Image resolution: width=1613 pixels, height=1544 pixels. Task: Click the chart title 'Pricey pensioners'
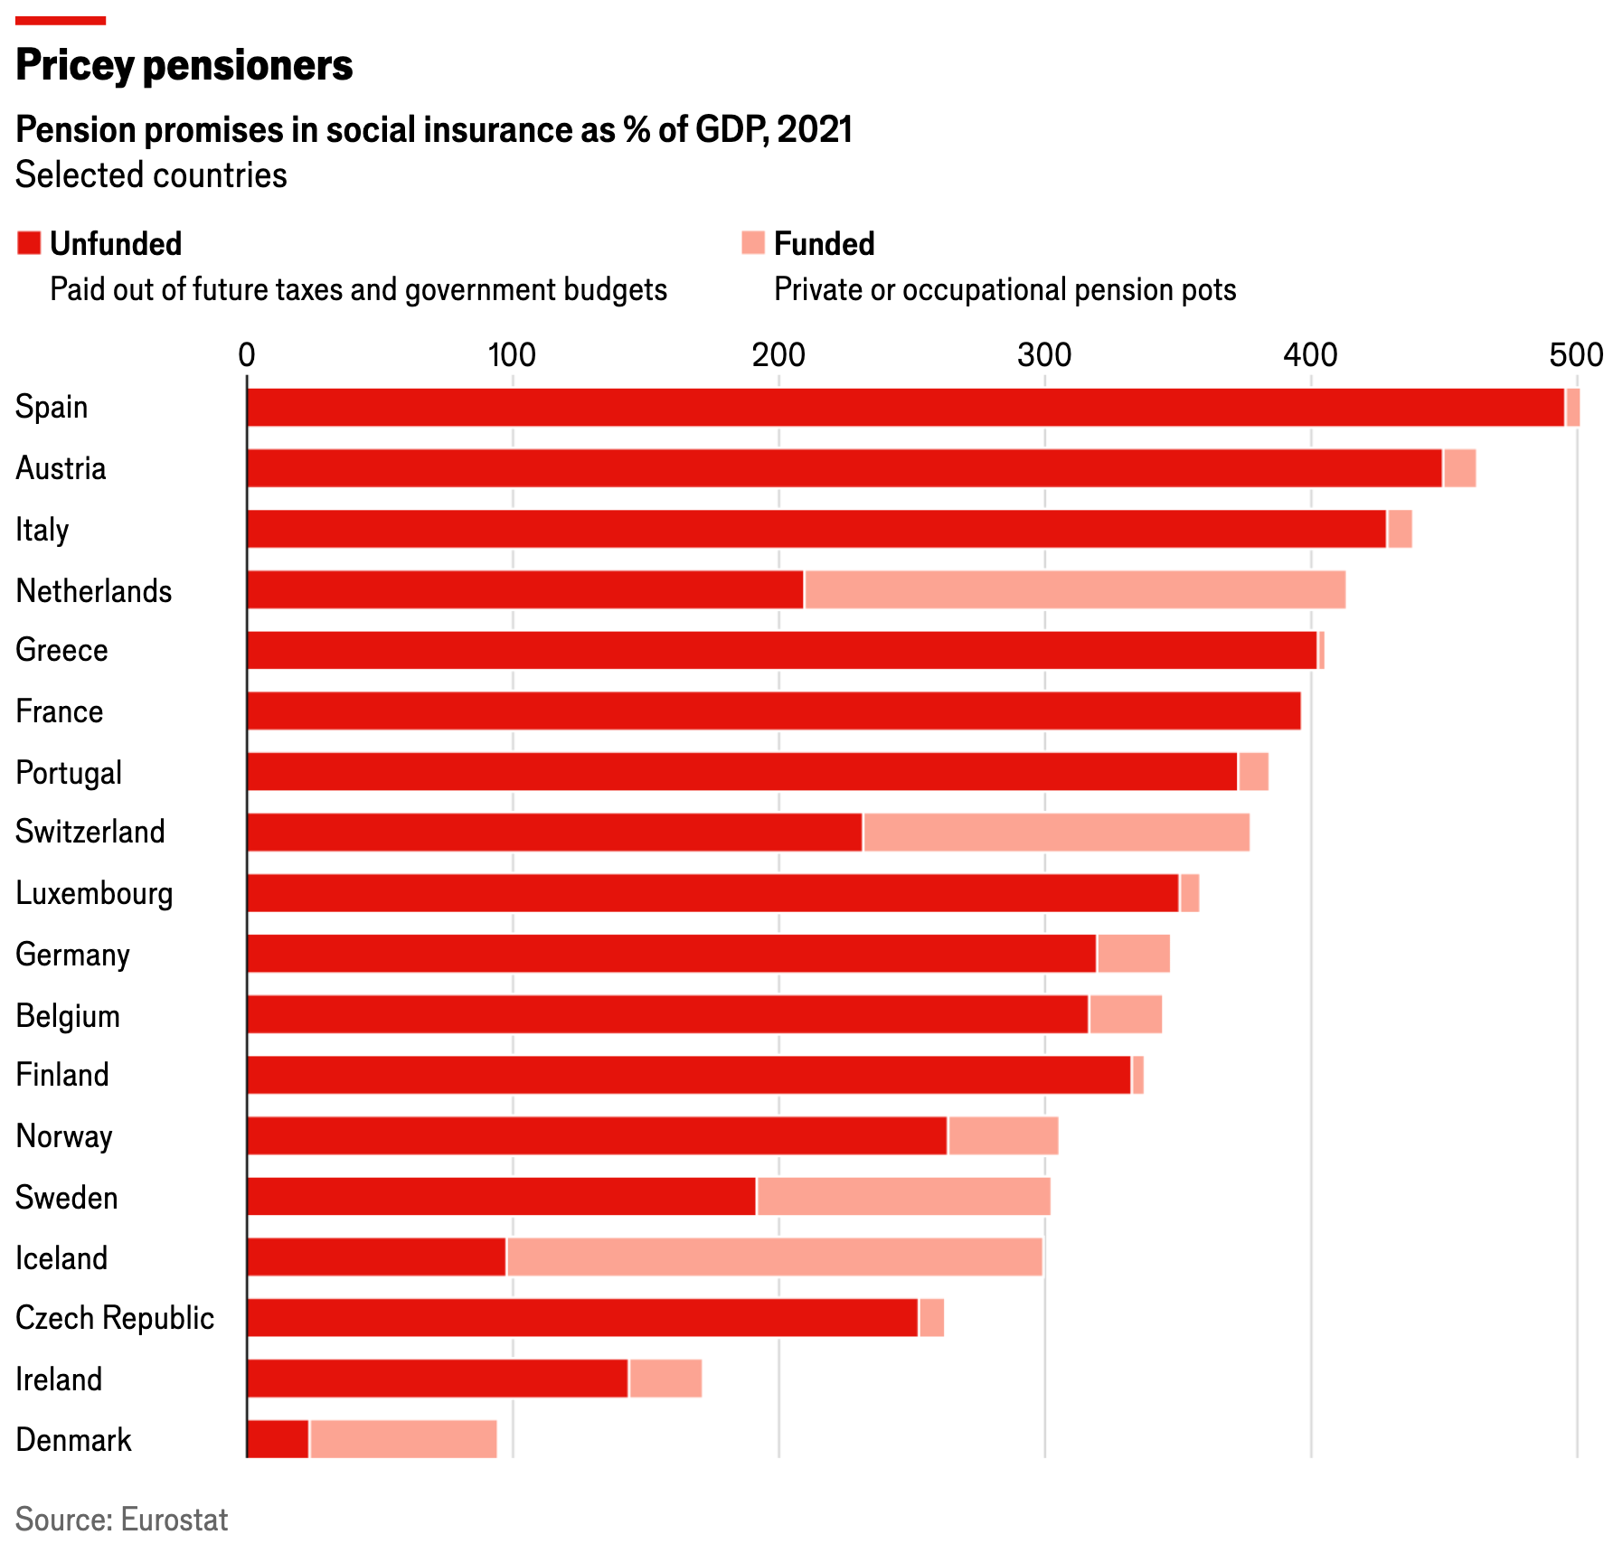pos(184,65)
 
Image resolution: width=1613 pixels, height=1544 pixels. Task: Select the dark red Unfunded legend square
pos(29,243)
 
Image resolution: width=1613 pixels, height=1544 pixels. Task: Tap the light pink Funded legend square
pos(752,243)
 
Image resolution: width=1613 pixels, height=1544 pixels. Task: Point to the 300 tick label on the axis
pos(1044,355)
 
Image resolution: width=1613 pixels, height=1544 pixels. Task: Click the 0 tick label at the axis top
pos(246,355)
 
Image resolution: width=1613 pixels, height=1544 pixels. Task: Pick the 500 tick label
pos(1576,355)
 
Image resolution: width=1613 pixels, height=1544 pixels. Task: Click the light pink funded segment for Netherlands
pos(1074,589)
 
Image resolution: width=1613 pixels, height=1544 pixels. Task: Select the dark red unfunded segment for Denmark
pos(278,1439)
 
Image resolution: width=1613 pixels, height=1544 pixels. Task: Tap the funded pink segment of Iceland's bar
pos(774,1257)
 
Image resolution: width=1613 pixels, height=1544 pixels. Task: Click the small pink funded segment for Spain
pos(1573,407)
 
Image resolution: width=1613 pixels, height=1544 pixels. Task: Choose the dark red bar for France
pos(773,711)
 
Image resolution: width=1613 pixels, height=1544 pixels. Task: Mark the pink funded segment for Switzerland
pos(1056,832)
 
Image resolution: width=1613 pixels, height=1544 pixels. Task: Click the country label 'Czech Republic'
pos(115,1318)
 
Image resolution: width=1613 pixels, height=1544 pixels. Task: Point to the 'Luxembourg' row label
pos(94,893)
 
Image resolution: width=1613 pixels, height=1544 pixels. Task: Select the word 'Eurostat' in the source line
pos(174,1519)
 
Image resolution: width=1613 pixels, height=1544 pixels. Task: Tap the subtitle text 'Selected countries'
pos(151,175)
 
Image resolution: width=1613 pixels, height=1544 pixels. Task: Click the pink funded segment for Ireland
pos(665,1379)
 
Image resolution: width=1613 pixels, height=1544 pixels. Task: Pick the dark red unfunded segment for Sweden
pos(501,1196)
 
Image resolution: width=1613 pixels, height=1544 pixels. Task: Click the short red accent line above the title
pos(61,20)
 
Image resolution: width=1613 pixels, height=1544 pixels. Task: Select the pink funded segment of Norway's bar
pos(1003,1135)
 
